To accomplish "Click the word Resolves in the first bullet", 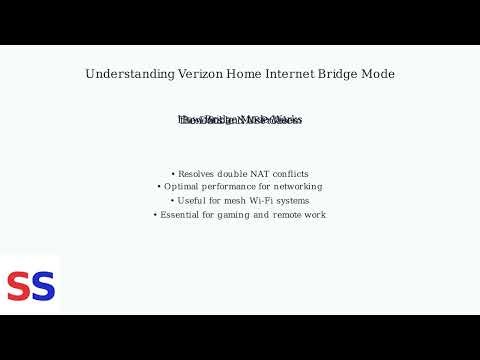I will pos(198,173).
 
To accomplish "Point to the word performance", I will pos(236,187).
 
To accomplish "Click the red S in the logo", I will pos(18,287).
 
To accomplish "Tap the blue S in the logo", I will pos(42,287).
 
